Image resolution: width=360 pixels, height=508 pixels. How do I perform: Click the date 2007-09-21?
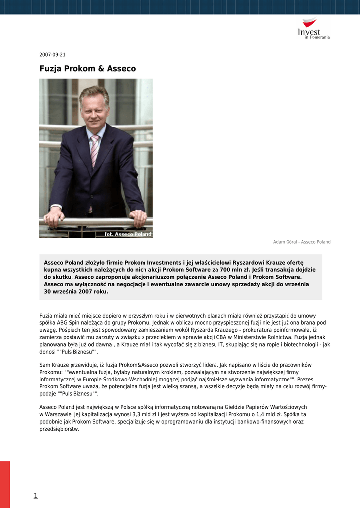click(52, 55)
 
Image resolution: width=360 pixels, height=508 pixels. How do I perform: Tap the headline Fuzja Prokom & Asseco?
click(87, 69)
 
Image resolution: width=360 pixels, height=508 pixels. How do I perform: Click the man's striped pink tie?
click(94, 151)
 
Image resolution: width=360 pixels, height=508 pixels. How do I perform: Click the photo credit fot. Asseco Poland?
click(128, 234)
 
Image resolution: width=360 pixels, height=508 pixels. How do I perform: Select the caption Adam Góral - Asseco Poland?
click(301, 242)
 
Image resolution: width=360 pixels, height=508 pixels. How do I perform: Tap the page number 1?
click(36, 495)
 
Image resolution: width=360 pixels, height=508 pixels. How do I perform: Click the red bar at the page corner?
click(5, 484)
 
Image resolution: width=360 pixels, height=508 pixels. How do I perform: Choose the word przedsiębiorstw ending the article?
click(59, 429)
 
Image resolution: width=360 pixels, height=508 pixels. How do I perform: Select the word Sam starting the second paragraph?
click(44, 365)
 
